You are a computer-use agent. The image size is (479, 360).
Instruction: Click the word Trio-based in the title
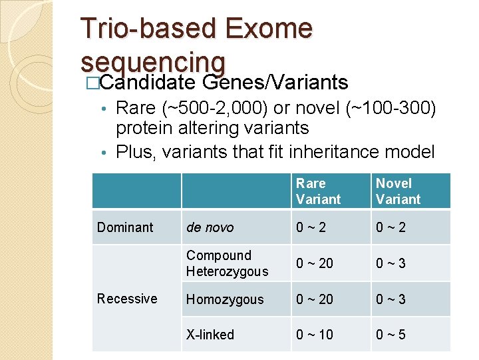(148, 29)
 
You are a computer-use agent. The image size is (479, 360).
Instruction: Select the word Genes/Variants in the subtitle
(275, 82)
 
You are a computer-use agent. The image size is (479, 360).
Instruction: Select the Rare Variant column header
(318, 191)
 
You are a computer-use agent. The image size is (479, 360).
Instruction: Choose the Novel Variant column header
(398, 191)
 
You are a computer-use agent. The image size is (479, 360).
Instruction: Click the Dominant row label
(125, 227)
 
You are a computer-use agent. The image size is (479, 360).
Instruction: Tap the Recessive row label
(127, 299)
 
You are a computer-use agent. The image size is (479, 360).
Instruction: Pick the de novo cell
(210, 227)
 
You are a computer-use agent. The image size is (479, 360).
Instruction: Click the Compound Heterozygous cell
(228, 263)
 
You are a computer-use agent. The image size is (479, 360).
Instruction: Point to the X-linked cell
(210, 335)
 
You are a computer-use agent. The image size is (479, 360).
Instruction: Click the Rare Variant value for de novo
(311, 227)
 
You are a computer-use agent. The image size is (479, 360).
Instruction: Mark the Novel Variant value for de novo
(391, 227)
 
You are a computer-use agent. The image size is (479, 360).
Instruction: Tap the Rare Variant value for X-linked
(315, 335)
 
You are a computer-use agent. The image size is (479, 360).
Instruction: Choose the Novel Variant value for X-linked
(391, 335)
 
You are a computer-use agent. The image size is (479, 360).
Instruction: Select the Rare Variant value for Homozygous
(315, 299)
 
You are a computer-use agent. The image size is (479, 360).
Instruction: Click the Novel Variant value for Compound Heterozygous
(391, 263)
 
